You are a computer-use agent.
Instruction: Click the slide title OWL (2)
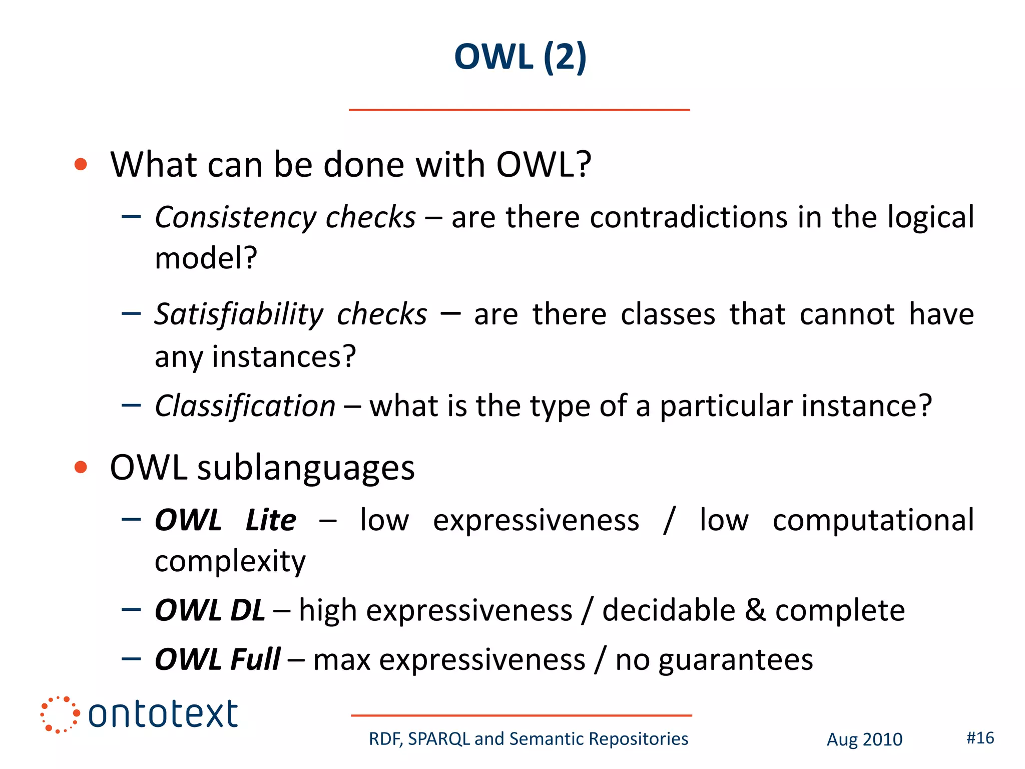coord(520,57)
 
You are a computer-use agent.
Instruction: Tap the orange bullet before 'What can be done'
coord(81,164)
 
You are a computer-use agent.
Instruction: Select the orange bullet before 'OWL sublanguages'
coord(81,467)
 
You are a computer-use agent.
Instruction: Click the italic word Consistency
coord(235,218)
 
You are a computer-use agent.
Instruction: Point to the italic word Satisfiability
coord(239,315)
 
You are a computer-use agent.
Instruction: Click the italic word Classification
coord(245,406)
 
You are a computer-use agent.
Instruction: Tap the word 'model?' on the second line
coord(206,258)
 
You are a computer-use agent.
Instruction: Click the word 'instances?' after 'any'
coord(284,357)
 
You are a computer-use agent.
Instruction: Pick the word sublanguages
coord(306,469)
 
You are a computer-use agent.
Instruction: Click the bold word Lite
coord(271,520)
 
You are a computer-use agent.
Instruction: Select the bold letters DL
coord(247,611)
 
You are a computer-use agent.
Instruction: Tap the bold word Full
coord(255,659)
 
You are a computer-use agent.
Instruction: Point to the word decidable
coord(669,611)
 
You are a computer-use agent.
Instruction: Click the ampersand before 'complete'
coord(755,611)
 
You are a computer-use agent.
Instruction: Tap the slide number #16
coord(980,738)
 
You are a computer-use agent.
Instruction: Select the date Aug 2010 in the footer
coord(864,739)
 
